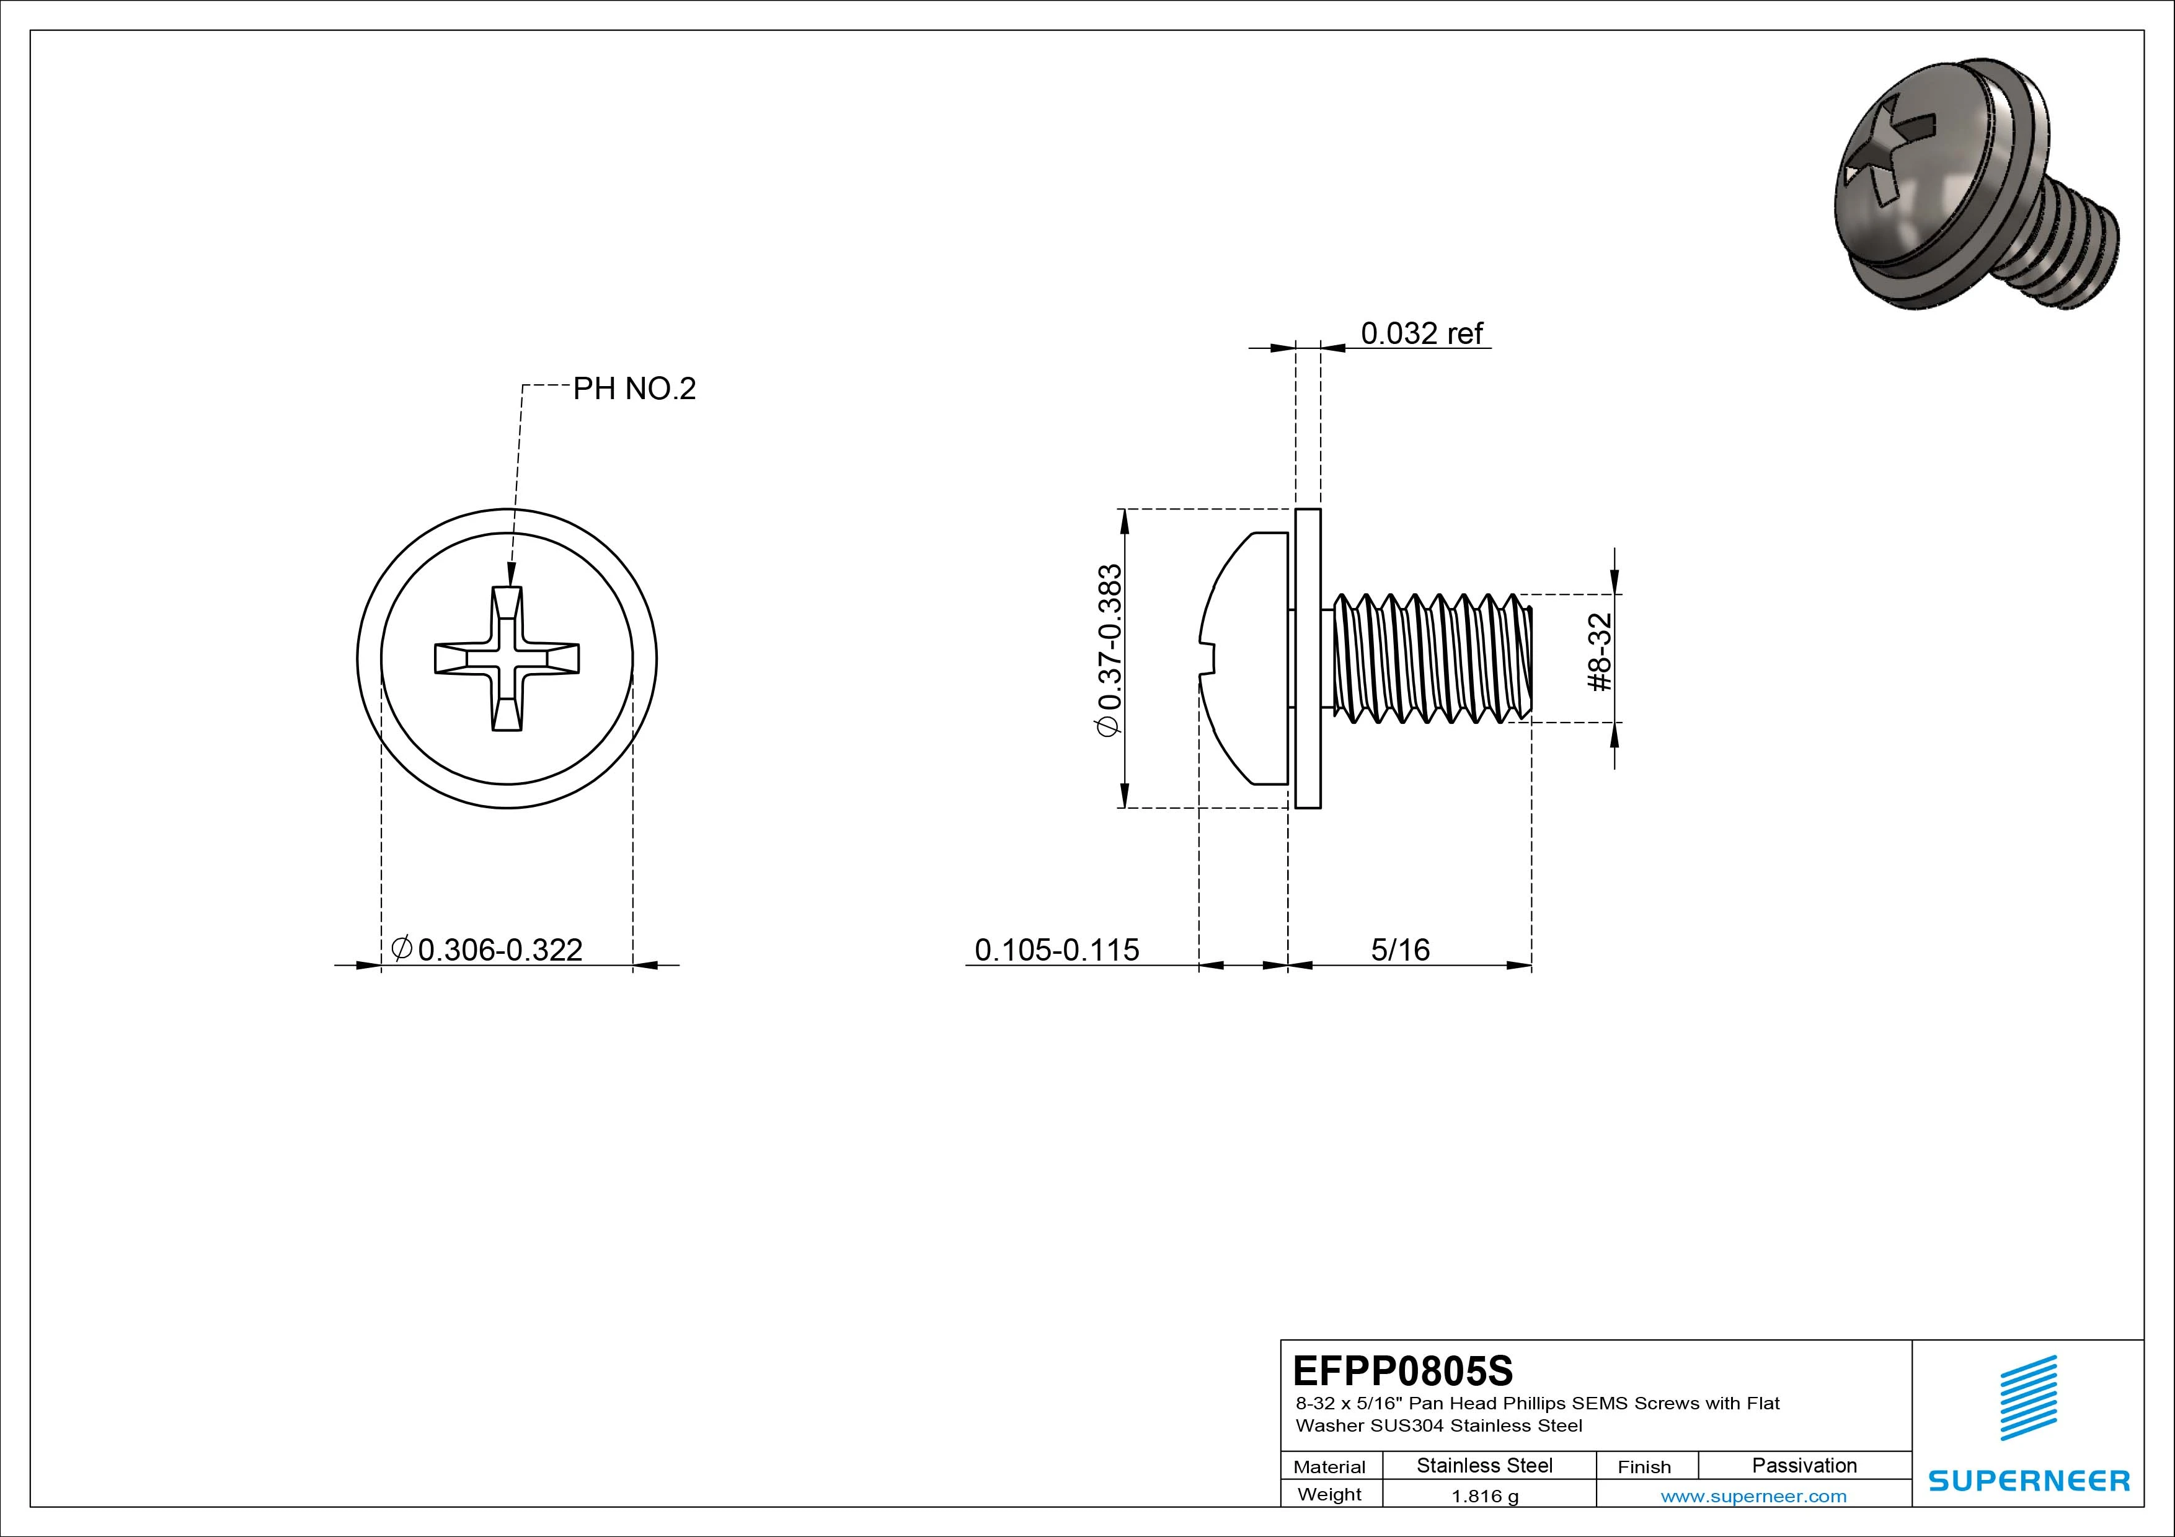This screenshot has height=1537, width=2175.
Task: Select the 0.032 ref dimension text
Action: pyautogui.click(x=1421, y=333)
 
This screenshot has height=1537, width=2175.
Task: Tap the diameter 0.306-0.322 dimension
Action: pyautogui.click(x=488, y=949)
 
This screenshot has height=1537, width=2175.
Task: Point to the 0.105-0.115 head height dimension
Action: pyautogui.click(x=1056, y=949)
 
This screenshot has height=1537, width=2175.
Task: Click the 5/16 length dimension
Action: pyautogui.click(x=1400, y=949)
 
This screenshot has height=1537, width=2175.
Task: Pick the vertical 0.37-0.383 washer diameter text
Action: pyautogui.click(x=1109, y=650)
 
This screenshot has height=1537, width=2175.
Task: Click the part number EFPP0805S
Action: pyautogui.click(x=1402, y=1370)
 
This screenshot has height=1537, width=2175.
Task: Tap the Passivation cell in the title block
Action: pyautogui.click(x=1804, y=1465)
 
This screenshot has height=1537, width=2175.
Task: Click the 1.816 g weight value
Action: pyautogui.click(x=1484, y=1496)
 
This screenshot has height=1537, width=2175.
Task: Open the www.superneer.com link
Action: pyautogui.click(x=1753, y=1496)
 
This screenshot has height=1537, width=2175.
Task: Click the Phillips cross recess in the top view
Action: pyautogui.click(x=507, y=658)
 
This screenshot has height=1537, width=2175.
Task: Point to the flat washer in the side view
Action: pyautogui.click(x=1307, y=658)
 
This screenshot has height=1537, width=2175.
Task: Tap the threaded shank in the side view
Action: pyautogui.click(x=1430, y=658)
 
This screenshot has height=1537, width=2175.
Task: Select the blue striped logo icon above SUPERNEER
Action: pyautogui.click(x=2028, y=1397)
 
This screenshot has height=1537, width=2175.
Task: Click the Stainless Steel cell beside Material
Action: pyautogui.click(x=1484, y=1465)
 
